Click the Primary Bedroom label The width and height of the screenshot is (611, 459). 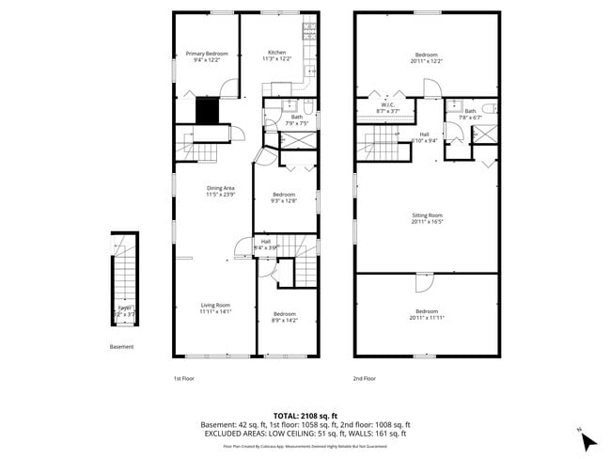[206, 56]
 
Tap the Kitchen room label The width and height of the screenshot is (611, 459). [277, 55]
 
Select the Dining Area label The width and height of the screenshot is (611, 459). [220, 191]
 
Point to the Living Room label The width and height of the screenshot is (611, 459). [215, 308]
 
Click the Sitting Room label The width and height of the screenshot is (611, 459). [426, 218]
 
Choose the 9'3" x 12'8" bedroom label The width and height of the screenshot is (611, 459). [283, 197]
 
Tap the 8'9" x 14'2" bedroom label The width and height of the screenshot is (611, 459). [284, 317]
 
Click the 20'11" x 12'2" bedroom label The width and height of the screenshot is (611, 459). [426, 58]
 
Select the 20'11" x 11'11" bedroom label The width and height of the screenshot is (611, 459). [426, 314]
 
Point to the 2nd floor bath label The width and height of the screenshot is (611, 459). [470, 114]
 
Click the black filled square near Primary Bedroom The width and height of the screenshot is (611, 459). [207, 111]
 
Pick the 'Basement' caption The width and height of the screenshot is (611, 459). [122, 347]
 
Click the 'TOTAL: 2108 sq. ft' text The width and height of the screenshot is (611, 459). [305, 415]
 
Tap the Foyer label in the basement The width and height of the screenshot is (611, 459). [123, 309]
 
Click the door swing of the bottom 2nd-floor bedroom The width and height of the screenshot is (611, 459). [422, 282]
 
